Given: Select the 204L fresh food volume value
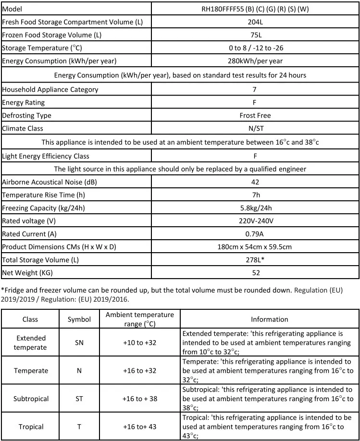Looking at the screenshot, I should [255, 22].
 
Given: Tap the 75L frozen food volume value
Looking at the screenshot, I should [255, 35].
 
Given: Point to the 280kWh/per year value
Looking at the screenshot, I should [255, 61].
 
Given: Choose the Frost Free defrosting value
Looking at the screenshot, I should [255, 115].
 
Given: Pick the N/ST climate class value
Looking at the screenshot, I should [255, 128].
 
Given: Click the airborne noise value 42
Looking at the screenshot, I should [255, 182].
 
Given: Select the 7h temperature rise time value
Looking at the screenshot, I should [255, 195].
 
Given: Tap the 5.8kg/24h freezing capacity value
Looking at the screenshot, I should [255, 208].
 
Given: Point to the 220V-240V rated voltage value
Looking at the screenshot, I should [255, 221].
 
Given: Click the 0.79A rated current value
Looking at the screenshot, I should [255, 234].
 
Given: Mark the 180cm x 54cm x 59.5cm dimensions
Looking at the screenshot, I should [255, 247].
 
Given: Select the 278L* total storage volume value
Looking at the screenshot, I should [255, 260].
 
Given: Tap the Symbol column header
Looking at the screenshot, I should [79, 319].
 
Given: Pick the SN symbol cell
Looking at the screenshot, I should [79, 343].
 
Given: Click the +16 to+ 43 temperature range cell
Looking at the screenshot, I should [139, 427].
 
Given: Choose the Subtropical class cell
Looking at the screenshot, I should [30, 399].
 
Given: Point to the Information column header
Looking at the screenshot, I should [270, 319].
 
